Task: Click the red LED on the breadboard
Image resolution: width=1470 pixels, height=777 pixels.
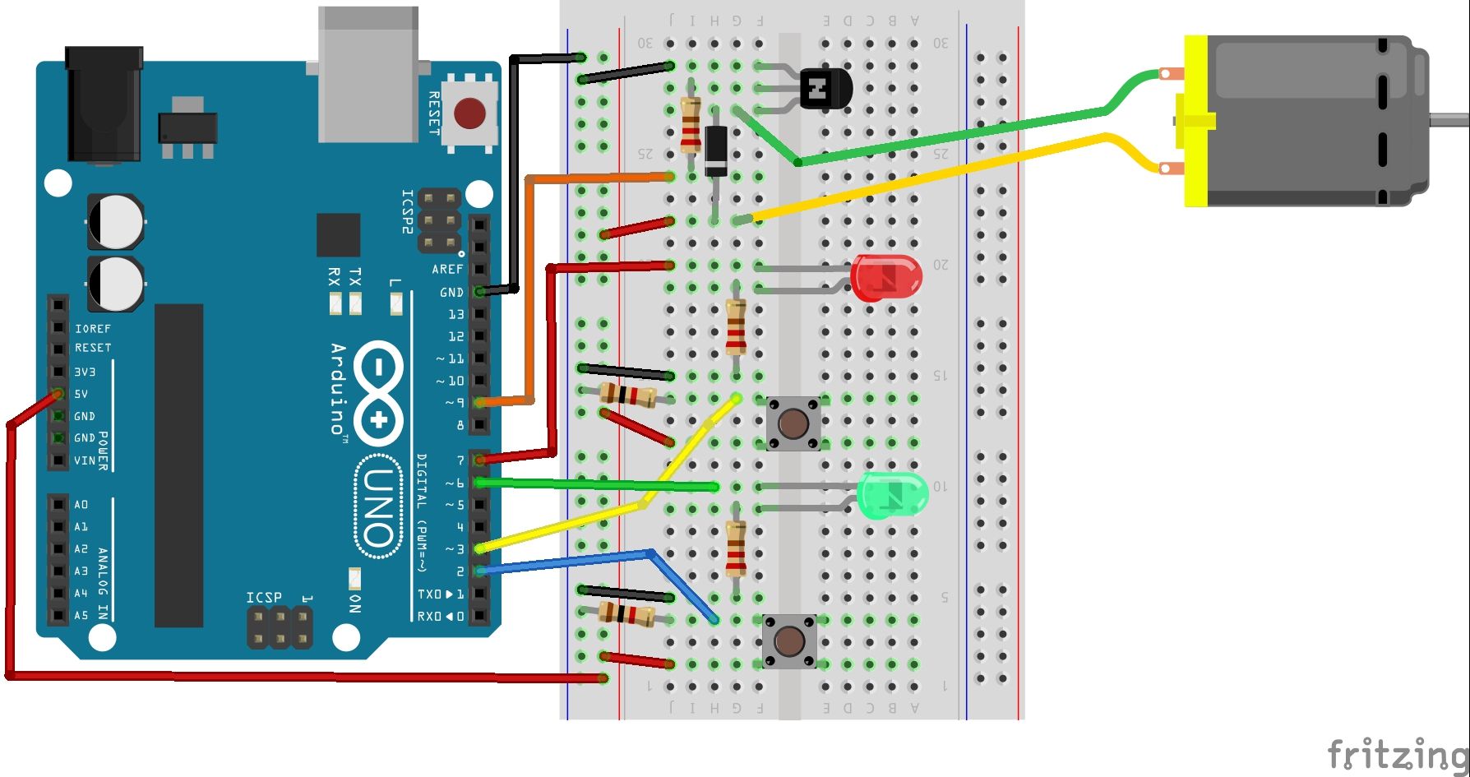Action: [886, 278]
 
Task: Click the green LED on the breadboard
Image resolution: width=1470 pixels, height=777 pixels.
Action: [892, 494]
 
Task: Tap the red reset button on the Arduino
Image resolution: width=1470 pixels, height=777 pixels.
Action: [469, 113]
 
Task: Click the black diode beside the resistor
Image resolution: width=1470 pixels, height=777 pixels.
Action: [715, 150]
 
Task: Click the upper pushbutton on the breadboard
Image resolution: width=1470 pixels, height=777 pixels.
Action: [793, 423]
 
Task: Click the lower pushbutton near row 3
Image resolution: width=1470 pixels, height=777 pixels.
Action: [789, 641]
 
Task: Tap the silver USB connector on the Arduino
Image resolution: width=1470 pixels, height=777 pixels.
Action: [367, 74]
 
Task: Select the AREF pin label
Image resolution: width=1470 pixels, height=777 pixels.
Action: [447, 270]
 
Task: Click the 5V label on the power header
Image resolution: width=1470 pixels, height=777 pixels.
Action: [81, 395]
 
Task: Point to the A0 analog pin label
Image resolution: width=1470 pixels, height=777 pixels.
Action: [81, 505]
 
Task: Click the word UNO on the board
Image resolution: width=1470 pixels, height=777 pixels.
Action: [378, 507]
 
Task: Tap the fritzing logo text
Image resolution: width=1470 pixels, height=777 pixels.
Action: [1397, 753]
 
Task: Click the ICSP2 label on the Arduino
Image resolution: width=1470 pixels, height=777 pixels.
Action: [407, 212]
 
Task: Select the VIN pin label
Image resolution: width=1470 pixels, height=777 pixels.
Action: [85, 460]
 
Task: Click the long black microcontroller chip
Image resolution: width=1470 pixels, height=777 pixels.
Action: [178, 465]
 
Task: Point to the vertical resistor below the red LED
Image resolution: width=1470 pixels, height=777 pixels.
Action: [736, 326]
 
